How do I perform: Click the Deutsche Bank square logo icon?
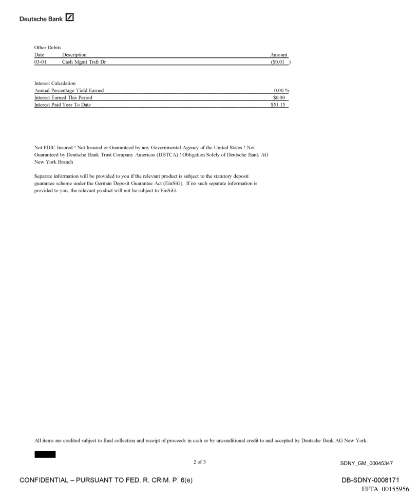pos(69,18)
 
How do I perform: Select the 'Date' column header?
pos(39,54)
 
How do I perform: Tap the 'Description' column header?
pos(74,54)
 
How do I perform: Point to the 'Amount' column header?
pos(278,54)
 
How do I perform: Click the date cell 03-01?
pos(41,62)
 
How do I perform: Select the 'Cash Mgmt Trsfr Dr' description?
pos(84,62)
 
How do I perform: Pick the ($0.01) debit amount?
pos(280,62)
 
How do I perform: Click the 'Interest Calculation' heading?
pos(55,83)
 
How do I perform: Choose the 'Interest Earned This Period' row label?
pos(63,97)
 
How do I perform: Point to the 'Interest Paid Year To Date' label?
pos(63,105)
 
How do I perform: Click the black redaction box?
pos(45,454)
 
